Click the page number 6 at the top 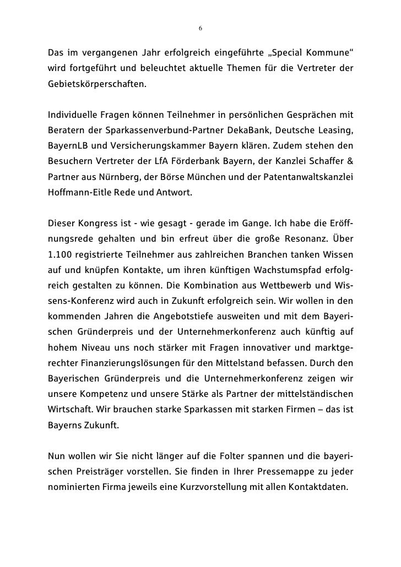201,28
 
